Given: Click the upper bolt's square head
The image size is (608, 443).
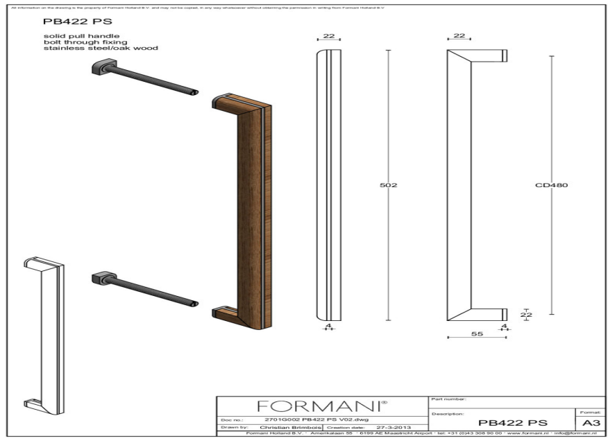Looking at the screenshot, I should point(100,68).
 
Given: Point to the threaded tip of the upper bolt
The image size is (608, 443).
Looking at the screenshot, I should point(194,92).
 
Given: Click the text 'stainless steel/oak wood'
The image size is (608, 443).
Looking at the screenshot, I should point(101,49).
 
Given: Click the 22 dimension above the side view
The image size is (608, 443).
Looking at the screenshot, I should point(459,35).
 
